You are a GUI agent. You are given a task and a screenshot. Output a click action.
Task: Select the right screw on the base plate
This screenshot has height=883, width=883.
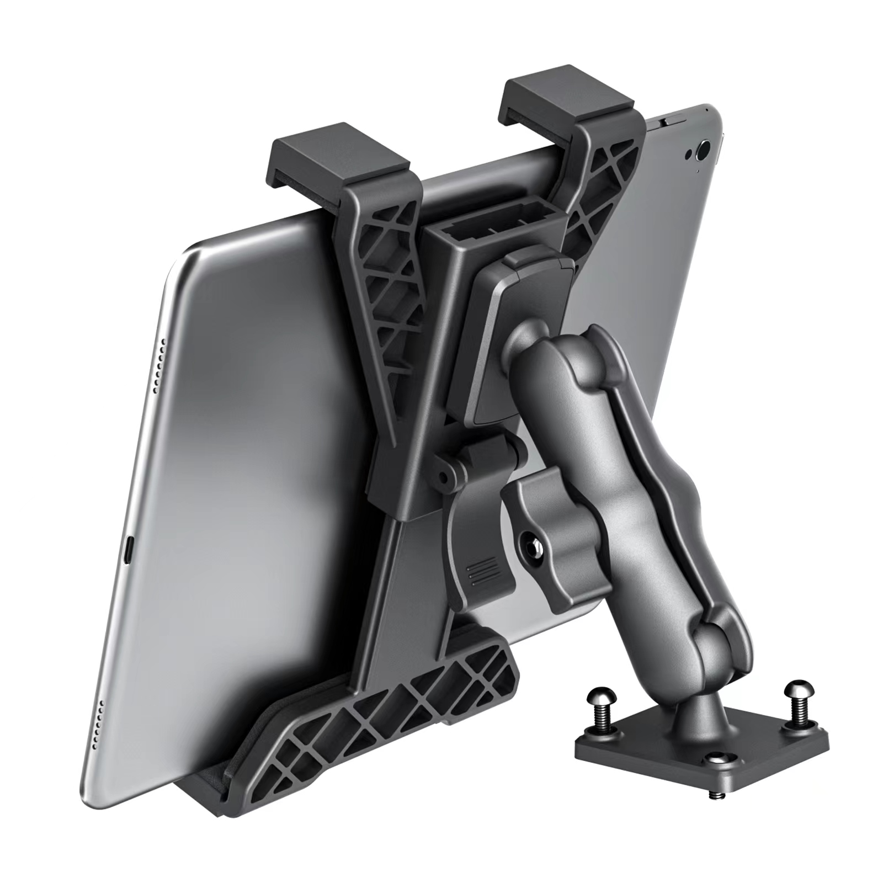click(796, 693)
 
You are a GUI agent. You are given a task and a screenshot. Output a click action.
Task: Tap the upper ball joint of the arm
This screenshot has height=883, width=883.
click(529, 353)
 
